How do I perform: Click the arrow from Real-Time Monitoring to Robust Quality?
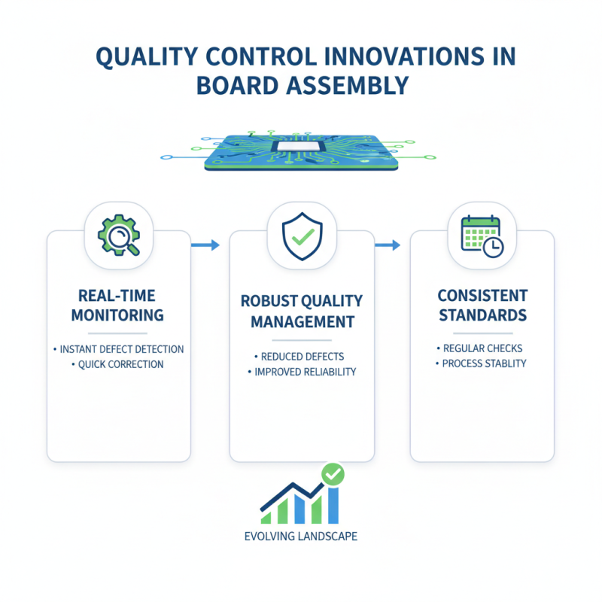click(x=205, y=245)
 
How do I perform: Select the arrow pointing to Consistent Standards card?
click(x=387, y=245)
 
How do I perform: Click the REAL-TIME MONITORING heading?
click(x=118, y=305)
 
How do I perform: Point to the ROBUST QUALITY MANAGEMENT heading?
click(x=301, y=312)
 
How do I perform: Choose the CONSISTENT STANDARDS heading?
click(x=483, y=305)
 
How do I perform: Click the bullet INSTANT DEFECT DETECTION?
click(x=120, y=349)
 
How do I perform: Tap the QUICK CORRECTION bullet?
click(x=120, y=364)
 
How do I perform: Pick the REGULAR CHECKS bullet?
click(x=483, y=348)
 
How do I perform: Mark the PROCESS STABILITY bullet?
click(x=483, y=363)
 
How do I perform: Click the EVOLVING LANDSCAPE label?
click(x=301, y=537)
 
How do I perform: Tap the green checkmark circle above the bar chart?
click(x=332, y=474)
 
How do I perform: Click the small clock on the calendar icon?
click(x=494, y=248)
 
